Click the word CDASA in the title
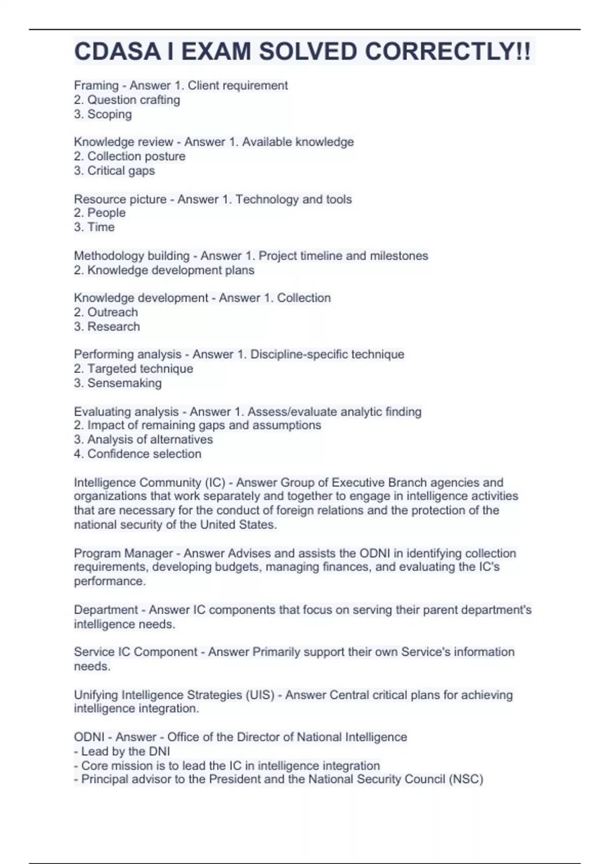click(x=117, y=51)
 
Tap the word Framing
click(x=96, y=85)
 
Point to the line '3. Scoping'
click(x=103, y=114)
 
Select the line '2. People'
click(x=100, y=213)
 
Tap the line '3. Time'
click(x=94, y=227)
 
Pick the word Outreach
click(x=112, y=312)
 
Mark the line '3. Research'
click(x=107, y=326)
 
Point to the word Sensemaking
click(x=124, y=383)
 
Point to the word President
click(x=238, y=779)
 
